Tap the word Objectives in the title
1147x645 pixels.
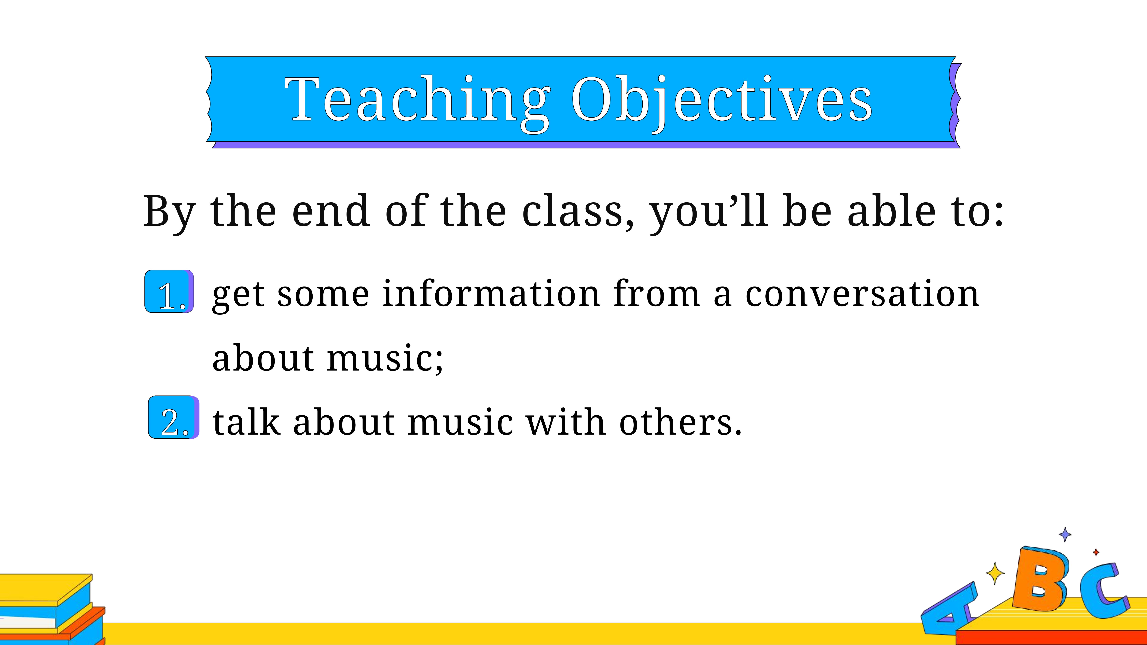pyautogui.click(x=721, y=100)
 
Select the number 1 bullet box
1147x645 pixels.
pyautogui.click(x=169, y=291)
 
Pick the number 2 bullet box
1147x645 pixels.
pyautogui.click(x=174, y=417)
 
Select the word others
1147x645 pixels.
pyautogui.click(x=680, y=422)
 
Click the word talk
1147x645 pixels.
pyautogui.click(x=246, y=422)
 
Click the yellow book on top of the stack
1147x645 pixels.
pyautogui.click(x=45, y=589)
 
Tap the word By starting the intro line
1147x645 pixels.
pyautogui.click(x=169, y=213)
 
